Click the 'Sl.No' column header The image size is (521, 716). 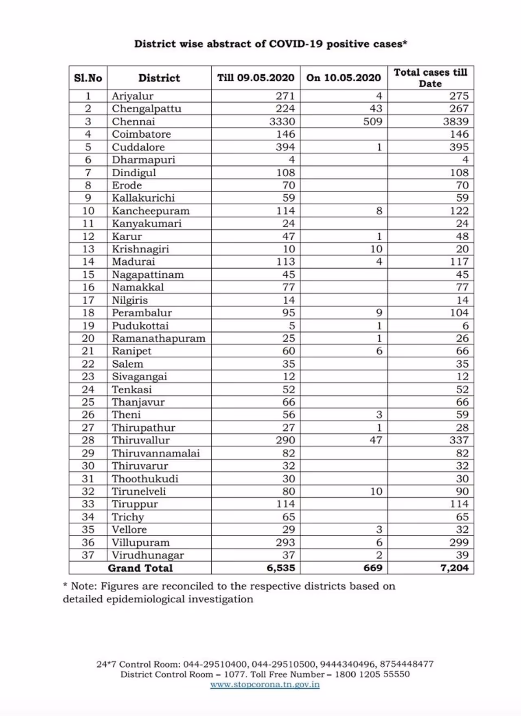(x=88, y=78)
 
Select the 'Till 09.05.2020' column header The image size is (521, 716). (x=256, y=78)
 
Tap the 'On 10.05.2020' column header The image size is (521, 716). (x=344, y=78)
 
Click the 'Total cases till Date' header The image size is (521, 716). (x=430, y=78)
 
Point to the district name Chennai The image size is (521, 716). (x=134, y=121)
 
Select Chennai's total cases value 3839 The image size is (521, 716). (x=455, y=121)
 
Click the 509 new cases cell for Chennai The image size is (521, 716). (x=372, y=121)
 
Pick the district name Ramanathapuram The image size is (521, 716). (x=158, y=338)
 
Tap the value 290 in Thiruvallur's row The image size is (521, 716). (x=285, y=440)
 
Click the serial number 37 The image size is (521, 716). (x=88, y=555)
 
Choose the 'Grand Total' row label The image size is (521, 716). (x=140, y=568)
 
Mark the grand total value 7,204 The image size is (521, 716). (x=454, y=568)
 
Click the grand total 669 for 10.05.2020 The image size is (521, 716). (x=372, y=568)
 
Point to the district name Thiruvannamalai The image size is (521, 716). (x=155, y=453)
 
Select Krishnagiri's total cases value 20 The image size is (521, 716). (x=462, y=249)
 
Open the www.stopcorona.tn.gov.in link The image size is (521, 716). (x=265, y=685)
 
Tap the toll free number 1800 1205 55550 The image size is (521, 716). (x=372, y=674)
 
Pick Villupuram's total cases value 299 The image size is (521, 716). (x=459, y=542)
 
